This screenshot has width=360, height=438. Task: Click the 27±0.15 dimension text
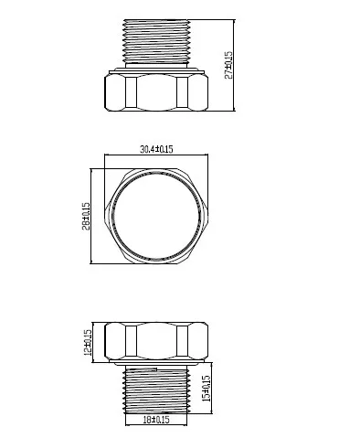pyautogui.click(x=229, y=65)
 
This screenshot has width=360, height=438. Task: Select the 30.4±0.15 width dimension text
pyautogui.click(x=158, y=149)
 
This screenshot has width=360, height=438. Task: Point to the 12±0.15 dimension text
pyautogui.click(x=88, y=342)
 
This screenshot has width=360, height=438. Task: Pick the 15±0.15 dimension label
pyautogui.click(x=207, y=390)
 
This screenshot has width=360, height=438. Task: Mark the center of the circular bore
pyautogui.click(x=158, y=217)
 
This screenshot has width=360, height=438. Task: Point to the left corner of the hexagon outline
pyautogui.click(x=105, y=217)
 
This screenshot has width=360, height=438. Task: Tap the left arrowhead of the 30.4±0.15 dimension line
pyautogui.click(x=108, y=155)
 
